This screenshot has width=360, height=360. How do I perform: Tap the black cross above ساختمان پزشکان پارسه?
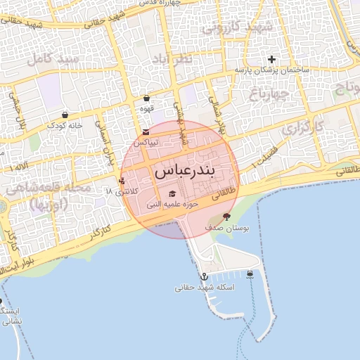click(x=271, y=59)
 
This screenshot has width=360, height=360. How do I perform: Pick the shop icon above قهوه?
click(x=146, y=98)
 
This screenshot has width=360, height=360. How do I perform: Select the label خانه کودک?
click(x=65, y=124)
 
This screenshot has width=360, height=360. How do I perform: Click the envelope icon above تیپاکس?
click(x=146, y=132)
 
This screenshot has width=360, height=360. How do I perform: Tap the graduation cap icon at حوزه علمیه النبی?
click(x=172, y=194)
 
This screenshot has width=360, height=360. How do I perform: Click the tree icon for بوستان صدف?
click(x=226, y=217)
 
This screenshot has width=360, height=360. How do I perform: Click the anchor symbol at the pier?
click(x=204, y=277)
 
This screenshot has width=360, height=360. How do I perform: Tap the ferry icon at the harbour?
click(x=250, y=274)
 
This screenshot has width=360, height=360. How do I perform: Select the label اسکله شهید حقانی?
click(x=205, y=288)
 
